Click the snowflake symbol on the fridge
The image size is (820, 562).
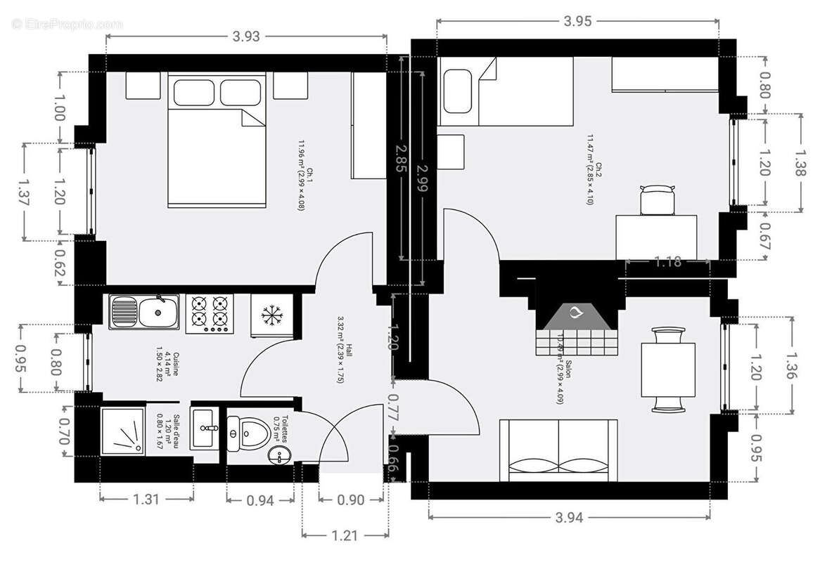[x=268, y=315]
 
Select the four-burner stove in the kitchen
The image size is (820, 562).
[x=210, y=313]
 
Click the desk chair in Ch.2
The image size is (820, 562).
[x=658, y=199]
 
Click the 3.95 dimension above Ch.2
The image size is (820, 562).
[x=577, y=22]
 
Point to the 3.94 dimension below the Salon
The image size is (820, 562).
[x=570, y=518]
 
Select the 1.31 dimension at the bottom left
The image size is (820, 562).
[x=146, y=499]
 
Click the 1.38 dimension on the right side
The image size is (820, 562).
[x=801, y=163]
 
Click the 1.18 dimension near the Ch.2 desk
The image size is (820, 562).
[x=667, y=262]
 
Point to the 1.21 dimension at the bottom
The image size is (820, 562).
[x=344, y=535]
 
